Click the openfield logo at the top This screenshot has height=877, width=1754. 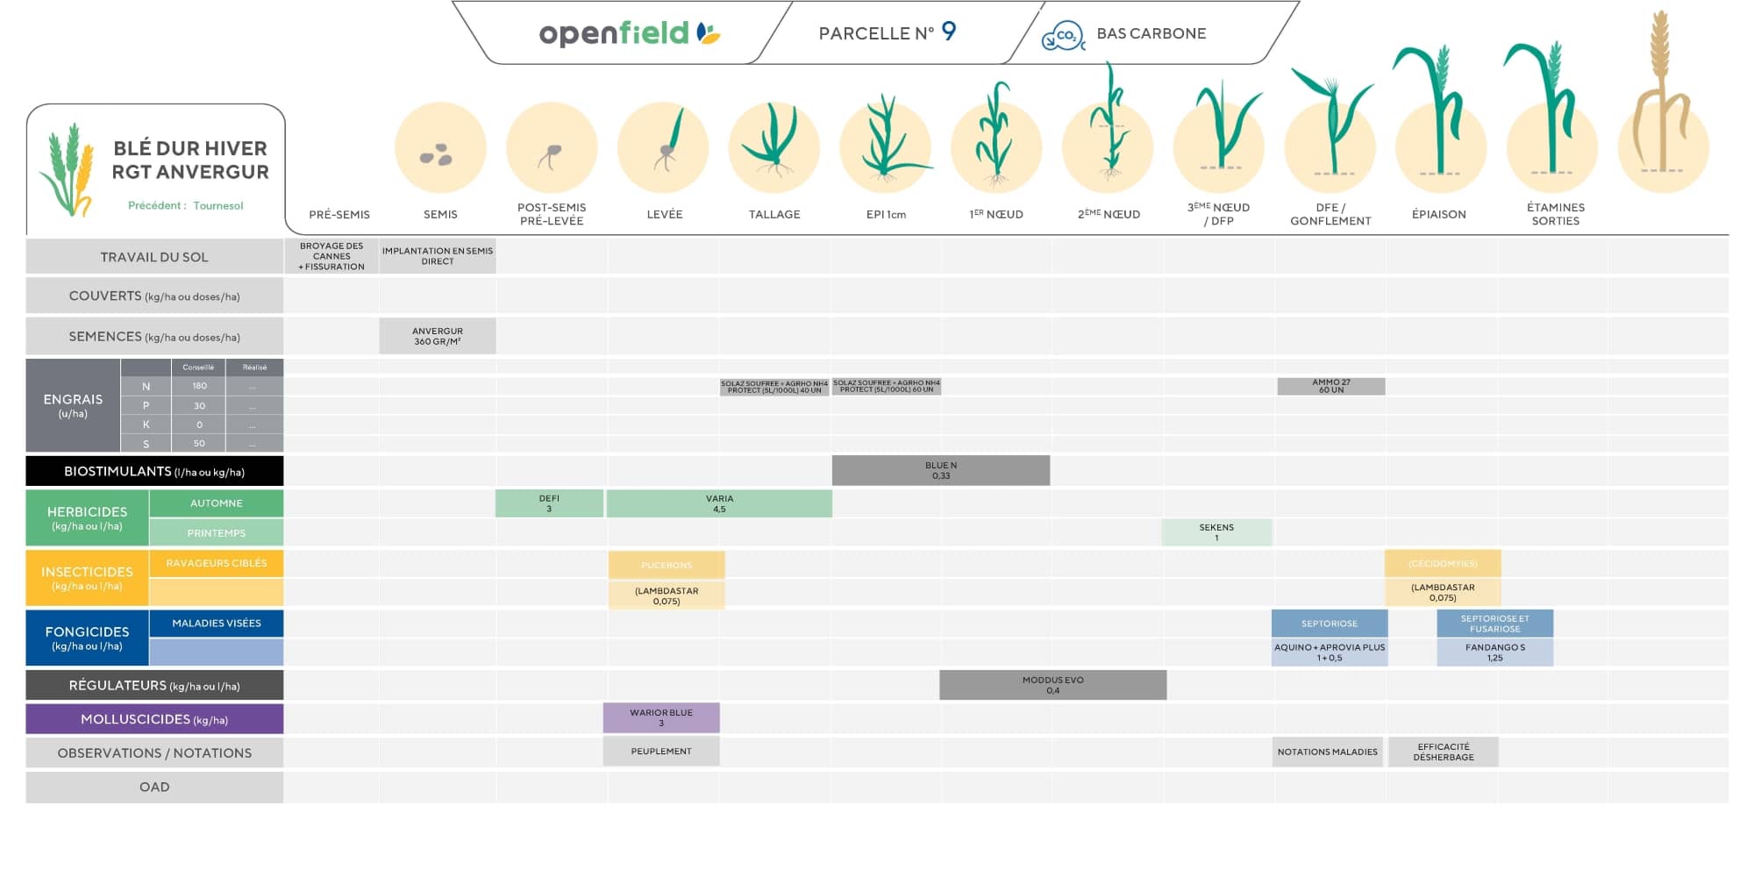pos(629,33)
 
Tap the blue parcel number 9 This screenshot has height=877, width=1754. pos(948,32)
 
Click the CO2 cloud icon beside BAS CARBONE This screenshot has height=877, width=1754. pos(1063,35)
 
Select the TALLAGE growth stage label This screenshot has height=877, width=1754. pos(774,214)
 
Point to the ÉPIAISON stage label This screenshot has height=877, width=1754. pos(1438,214)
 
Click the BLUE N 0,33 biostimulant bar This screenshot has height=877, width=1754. pos(940,471)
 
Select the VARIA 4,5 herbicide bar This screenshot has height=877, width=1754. pos(719,503)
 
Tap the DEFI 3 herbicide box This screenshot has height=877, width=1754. pos(549,503)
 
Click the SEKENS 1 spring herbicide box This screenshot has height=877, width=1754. pos(1216,532)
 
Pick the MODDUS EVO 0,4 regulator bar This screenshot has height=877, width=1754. pos(1052,685)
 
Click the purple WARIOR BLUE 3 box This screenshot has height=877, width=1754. pos(661,717)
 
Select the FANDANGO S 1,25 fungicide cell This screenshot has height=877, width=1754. pos(1494,652)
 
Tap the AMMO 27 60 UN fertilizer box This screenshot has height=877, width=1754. pos(1330,386)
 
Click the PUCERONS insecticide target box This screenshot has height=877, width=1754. pos(667,565)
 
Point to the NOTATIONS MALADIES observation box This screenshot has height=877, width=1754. pos(1327,752)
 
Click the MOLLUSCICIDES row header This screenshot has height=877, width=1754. pos(154,719)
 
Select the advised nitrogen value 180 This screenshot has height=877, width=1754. pos(199,386)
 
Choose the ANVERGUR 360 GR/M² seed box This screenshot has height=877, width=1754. pos(438,336)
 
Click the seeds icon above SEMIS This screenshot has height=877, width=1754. pos(437,156)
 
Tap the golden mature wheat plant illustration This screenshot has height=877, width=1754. pos(1659,96)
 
